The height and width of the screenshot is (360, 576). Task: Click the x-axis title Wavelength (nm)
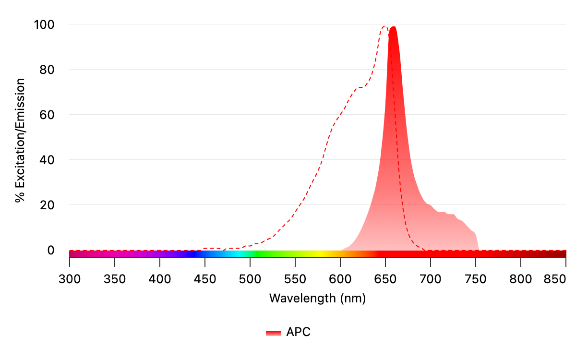tap(317, 298)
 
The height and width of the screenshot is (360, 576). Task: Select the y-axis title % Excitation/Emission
tap(20, 141)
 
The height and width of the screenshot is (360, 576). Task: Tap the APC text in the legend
tap(299, 332)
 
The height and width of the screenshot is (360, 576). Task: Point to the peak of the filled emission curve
tap(393, 27)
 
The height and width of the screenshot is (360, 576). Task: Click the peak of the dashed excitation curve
tap(384, 26)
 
